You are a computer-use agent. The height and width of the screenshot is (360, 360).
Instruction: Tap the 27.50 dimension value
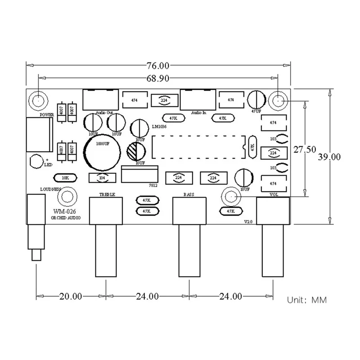[304, 150]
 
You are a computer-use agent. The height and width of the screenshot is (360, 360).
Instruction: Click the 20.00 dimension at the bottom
[71, 296]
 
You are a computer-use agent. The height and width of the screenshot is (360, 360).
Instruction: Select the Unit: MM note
[307, 300]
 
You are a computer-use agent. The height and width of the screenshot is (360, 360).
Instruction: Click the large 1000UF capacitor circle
[102, 150]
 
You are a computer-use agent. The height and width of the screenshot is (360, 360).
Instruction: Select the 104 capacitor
[103, 178]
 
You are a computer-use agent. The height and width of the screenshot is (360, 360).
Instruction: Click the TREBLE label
[107, 195]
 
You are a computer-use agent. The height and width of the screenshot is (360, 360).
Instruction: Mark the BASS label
[189, 195]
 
